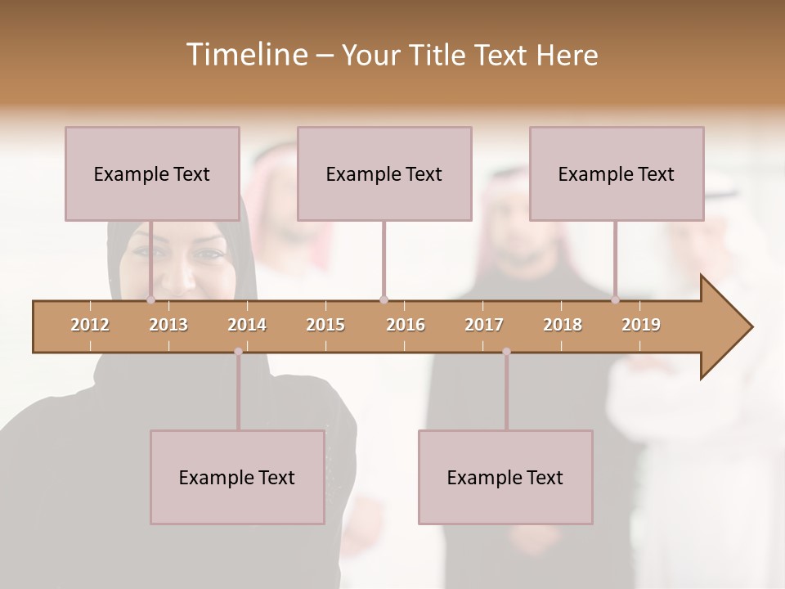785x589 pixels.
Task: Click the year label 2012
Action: (90, 325)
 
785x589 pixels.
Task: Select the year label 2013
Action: (168, 325)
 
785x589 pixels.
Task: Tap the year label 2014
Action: (247, 325)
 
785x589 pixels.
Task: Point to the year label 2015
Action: (325, 325)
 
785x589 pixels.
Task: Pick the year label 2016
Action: (406, 325)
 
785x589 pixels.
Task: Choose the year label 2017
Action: (484, 325)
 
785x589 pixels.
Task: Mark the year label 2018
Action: (563, 325)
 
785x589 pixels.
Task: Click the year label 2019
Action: (641, 325)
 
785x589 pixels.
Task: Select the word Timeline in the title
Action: (244, 55)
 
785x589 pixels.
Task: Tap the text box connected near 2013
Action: (152, 173)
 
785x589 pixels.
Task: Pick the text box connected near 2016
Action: (384, 173)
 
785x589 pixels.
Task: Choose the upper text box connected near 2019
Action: (617, 173)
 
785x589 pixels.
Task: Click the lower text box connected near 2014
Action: (237, 477)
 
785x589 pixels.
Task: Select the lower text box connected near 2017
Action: (505, 477)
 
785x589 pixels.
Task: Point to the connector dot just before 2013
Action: (150, 300)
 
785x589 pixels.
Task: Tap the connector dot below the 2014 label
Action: (238, 352)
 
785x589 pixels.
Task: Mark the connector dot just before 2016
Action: (384, 300)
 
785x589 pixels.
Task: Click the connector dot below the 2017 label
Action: (506, 352)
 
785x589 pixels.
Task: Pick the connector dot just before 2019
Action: (616, 300)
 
